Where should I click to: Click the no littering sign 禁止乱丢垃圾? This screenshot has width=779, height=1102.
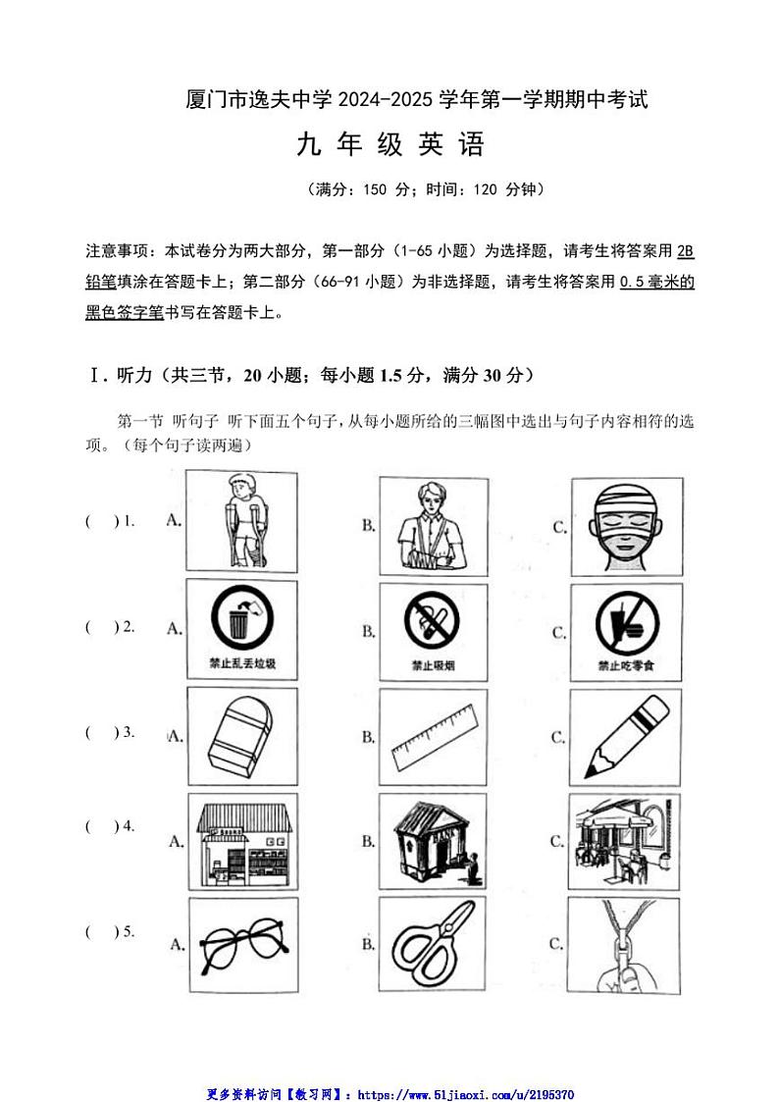point(241,628)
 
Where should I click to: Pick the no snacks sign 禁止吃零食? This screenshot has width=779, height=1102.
point(625,630)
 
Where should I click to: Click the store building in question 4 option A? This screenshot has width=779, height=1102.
point(241,841)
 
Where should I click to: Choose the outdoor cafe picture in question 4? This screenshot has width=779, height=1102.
point(625,841)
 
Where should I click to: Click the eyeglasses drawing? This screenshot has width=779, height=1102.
point(241,944)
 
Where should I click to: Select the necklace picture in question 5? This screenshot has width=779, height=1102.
point(625,945)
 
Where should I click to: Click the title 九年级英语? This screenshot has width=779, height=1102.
point(390,146)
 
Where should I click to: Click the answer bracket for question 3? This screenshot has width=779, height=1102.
point(101,733)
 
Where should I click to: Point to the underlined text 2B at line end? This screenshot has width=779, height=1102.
point(685,251)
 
